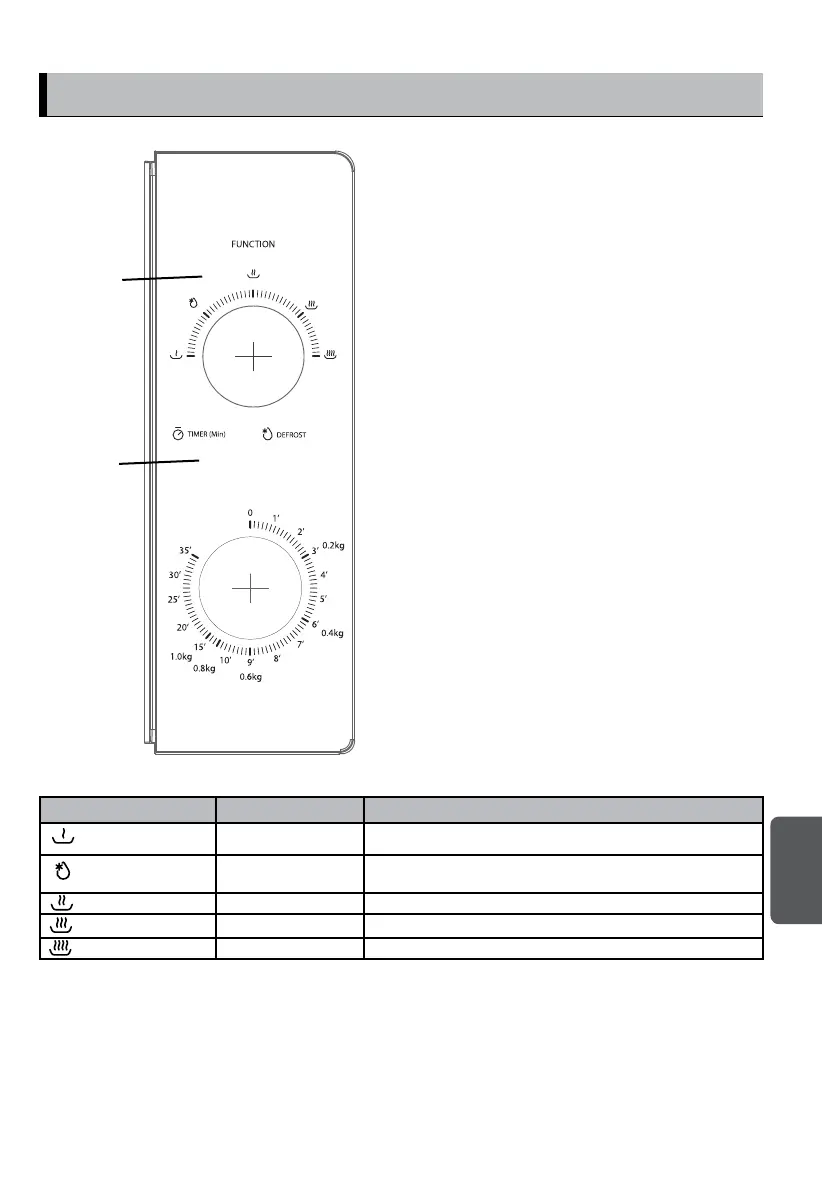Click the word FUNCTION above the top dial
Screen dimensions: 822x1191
coord(253,244)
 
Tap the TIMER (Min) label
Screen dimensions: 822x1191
coord(207,434)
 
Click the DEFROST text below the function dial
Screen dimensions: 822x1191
coord(291,435)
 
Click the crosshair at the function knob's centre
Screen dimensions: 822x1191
coord(254,356)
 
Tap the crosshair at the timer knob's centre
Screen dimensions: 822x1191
coord(250,588)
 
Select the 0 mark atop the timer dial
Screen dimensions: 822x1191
coord(250,513)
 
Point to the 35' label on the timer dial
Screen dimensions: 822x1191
coord(185,551)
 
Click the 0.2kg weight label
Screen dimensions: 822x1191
coord(334,545)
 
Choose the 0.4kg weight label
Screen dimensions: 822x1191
coord(332,633)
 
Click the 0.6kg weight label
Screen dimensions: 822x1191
coord(251,677)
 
